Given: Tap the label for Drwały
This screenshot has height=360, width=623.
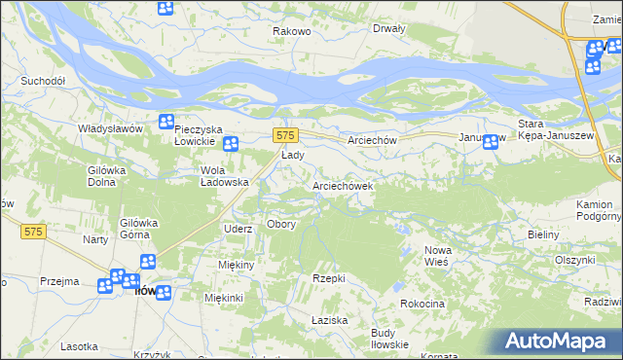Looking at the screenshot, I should (388, 28).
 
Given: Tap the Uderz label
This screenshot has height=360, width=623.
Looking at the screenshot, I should (238, 229).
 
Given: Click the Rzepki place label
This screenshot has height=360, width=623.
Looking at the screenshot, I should (329, 278).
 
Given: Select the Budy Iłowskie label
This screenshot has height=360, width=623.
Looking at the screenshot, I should (389, 339).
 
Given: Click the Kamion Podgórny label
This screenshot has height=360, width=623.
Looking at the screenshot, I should (594, 210).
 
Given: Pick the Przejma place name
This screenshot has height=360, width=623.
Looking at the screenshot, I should (59, 281).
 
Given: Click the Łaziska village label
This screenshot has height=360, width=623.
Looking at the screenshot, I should (329, 320).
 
